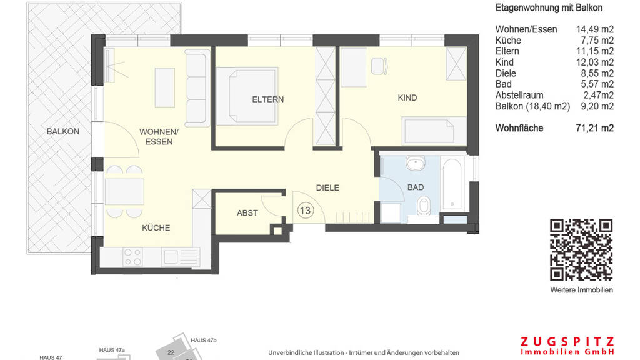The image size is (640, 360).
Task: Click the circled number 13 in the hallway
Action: point(305,211)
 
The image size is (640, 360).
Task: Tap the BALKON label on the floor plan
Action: point(63,131)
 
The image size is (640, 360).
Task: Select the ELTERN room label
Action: point(267,99)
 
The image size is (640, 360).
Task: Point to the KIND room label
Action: point(407,97)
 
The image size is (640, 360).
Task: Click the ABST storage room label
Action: point(247,213)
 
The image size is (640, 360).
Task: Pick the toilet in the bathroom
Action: point(424,205)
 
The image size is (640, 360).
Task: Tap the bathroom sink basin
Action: point(416,163)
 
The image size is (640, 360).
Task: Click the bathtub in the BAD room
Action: point(452,184)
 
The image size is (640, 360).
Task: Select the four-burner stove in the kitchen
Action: point(133,257)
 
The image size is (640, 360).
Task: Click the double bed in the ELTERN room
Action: point(247,96)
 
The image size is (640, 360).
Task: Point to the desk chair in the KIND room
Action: point(379,66)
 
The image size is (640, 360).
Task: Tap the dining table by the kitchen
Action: point(124,192)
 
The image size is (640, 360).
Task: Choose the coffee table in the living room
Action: point(165,87)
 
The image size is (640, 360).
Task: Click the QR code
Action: point(581,250)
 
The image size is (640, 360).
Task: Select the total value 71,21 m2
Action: point(595,128)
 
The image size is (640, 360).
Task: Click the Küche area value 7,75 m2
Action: point(597,41)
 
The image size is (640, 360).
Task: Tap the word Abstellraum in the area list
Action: point(519,95)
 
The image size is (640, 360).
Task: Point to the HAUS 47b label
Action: point(204,341)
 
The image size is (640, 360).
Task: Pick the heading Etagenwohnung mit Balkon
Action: point(549,7)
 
